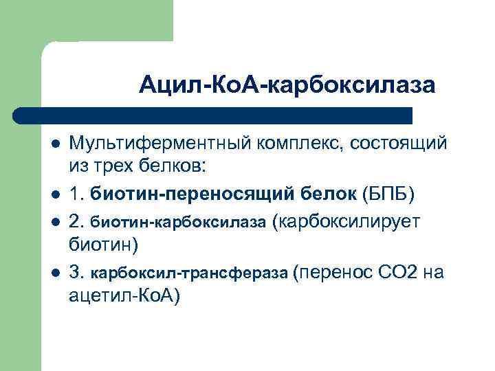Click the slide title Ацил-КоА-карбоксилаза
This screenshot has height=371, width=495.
287,85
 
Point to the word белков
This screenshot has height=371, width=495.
185,166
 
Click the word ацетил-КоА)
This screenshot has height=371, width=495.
124,296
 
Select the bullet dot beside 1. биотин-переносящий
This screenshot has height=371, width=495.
55,195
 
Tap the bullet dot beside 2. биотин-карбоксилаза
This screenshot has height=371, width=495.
55,222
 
